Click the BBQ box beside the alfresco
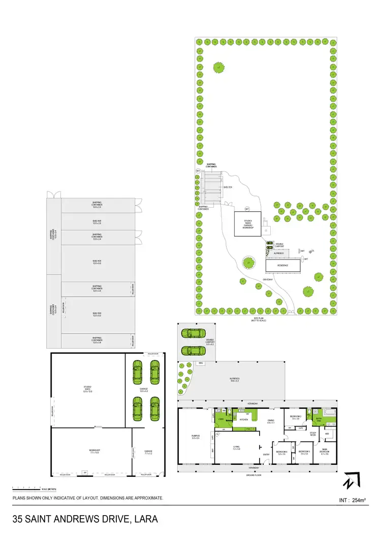tap(201, 363)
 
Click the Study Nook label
tap(313, 433)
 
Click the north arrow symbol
tap(351, 480)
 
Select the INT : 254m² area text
tap(352, 501)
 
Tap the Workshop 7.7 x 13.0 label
tap(94, 451)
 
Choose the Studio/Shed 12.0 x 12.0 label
tap(87, 390)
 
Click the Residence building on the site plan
tap(283, 266)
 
